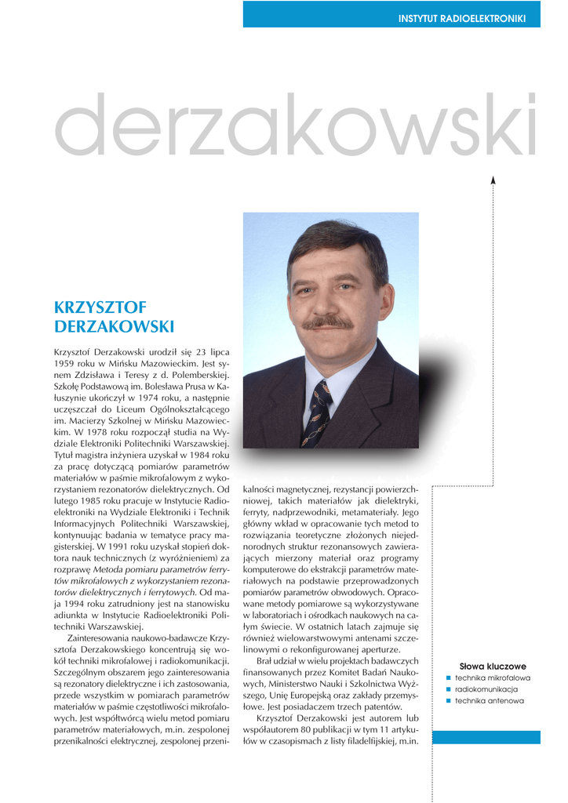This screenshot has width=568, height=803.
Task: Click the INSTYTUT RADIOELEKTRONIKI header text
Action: point(461,18)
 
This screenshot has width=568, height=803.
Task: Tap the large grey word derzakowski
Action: point(297,125)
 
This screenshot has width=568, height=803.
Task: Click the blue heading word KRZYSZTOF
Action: point(100,307)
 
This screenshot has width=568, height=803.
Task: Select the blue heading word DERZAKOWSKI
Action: point(115,326)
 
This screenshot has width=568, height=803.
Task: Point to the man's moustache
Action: point(328,322)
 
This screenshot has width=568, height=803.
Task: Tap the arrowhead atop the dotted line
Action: point(493,180)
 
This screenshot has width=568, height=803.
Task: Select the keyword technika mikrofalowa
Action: point(493,678)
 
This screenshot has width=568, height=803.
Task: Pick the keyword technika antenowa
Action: point(490,701)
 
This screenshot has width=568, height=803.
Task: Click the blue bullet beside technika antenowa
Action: point(448,701)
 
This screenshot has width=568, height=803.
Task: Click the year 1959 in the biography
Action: point(64,365)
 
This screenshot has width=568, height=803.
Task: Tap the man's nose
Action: point(329,302)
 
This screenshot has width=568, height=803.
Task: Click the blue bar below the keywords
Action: point(486,737)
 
